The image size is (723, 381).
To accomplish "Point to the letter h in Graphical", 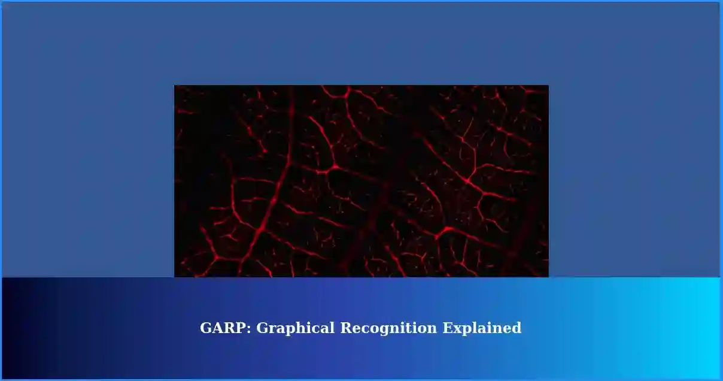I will [302, 328].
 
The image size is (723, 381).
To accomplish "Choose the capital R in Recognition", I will [346, 328].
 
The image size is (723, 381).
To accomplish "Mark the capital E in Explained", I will [447, 328].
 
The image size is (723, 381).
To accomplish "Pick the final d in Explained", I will [517, 328].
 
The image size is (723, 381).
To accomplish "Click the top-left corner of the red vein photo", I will [175, 86].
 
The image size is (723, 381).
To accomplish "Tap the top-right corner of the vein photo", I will [548, 86].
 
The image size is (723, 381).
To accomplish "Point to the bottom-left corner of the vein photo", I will [175, 276].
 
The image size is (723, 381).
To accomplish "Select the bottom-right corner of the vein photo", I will [548, 276].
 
